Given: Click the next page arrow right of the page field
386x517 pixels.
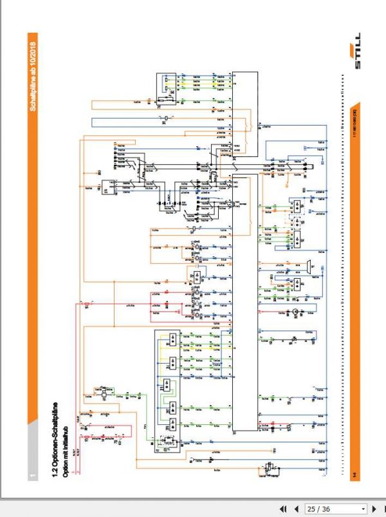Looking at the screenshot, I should (374, 509).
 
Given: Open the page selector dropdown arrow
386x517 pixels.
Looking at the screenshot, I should (363, 509).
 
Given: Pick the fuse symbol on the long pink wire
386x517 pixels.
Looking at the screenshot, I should (84, 303).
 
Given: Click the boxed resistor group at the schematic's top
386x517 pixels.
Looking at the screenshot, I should (166, 85).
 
